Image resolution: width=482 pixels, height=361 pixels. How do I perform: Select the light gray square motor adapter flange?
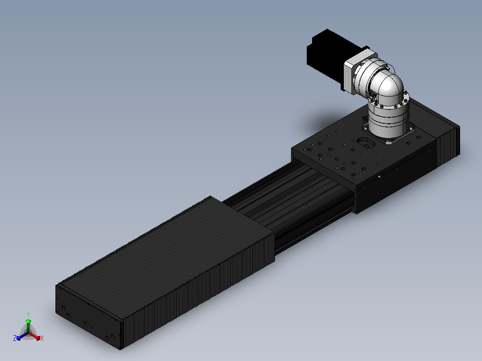coord(358,69)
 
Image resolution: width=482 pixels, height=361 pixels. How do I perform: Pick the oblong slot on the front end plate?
coord(88,324)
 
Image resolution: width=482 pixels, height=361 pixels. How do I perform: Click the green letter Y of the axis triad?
coord(28,314)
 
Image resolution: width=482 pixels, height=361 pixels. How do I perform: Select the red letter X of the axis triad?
coord(42,338)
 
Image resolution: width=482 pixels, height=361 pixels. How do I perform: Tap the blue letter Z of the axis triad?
coord(15,338)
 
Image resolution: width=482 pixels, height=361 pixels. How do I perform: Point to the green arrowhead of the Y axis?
coord(28,321)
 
